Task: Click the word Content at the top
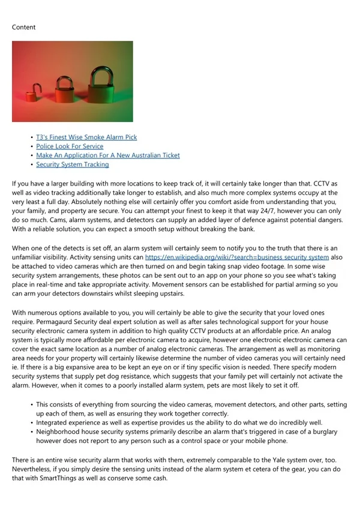(23, 27)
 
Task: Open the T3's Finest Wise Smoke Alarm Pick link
(86, 137)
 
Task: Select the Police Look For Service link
(70, 146)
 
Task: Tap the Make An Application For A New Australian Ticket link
(107, 155)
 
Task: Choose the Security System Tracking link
(73, 164)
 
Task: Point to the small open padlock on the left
(37, 92)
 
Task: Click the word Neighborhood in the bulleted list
(59, 432)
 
